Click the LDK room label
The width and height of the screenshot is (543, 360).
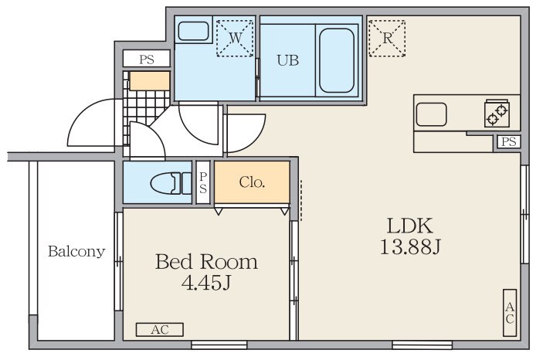point(409,226)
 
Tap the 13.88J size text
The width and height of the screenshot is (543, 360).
point(410,247)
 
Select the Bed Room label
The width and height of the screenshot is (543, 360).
point(206,262)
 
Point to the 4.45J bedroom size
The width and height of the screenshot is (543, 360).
point(206,283)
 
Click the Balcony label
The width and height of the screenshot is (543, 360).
point(76,251)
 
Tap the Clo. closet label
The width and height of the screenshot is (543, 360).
point(252,182)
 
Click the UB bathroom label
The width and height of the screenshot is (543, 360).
point(288,60)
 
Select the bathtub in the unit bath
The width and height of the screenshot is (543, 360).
point(337,60)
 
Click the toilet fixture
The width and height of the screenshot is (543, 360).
point(171,182)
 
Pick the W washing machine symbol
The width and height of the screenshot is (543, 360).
point(235,38)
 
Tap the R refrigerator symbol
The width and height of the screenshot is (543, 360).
point(387,38)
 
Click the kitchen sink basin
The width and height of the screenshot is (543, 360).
point(431,114)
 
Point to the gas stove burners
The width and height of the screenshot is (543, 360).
point(497,114)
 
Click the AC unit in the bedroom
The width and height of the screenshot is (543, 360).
point(160,330)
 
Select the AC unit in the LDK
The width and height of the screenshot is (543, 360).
point(510,313)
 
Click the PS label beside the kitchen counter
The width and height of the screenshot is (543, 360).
point(509,141)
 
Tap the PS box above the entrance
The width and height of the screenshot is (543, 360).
point(147,59)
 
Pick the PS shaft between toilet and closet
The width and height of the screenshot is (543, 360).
point(203,182)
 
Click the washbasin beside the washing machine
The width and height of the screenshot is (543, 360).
point(193,31)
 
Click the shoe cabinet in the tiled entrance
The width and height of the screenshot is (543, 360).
point(149,81)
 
